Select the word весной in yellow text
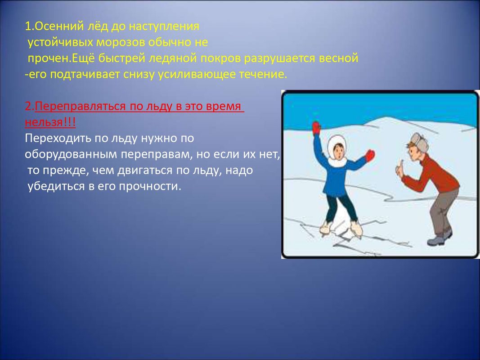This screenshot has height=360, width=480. (338, 58)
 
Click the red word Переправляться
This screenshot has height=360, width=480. (80, 106)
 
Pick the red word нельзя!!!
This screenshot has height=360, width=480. (50, 122)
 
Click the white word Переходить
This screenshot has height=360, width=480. (58, 138)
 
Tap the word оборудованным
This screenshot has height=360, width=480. (71, 155)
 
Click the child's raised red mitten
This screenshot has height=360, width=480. (316, 128)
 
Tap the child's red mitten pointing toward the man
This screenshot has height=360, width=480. (370, 156)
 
